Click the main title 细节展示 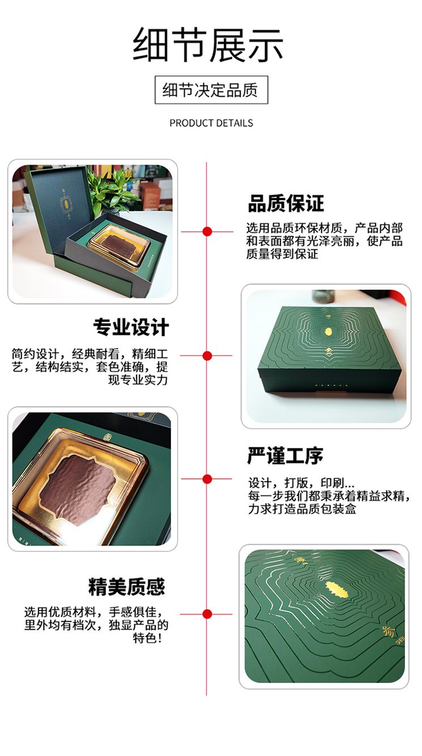(x=208, y=45)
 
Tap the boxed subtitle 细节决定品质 (x=211, y=90)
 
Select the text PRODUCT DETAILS (x=211, y=123)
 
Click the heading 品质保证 (x=286, y=203)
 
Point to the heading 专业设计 (x=131, y=327)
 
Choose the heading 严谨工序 (x=285, y=456)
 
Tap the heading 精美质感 (x=127, y=587)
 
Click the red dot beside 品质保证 (x=207, y=231)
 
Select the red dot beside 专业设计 (x=207, y=356)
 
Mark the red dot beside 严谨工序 (x=207, y=479)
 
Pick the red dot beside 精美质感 (x=207, y=615)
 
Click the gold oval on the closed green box (x=328, y=331)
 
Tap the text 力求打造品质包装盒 (x=302, y=509)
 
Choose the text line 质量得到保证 (x=283, y=254)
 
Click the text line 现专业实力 (x=138, y=380)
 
